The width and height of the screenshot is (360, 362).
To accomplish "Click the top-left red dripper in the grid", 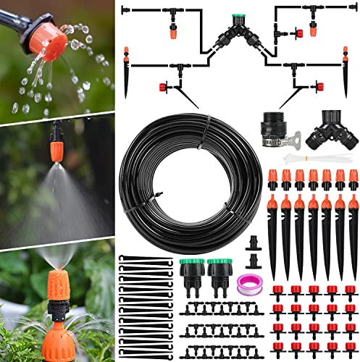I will [x=277, y=292].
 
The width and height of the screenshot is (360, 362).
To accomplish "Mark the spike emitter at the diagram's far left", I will [x=126, y=72].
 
